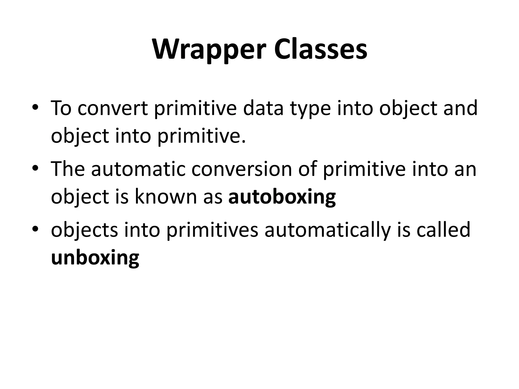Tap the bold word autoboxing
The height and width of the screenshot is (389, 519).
[x=282, y=197]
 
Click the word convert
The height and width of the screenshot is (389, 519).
[x=113, y=108]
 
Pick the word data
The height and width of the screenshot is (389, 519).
[x=263, y=108]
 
